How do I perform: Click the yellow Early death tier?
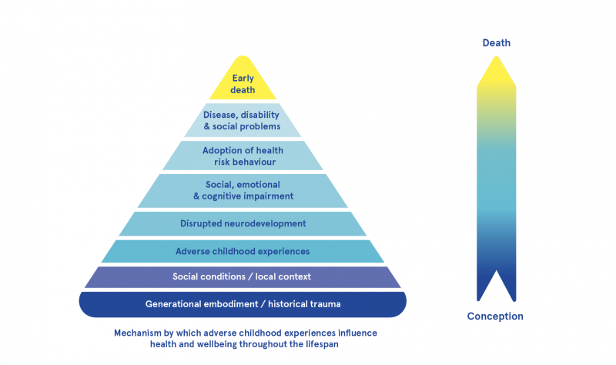point(243,81)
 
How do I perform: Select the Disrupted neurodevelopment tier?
point(243,223)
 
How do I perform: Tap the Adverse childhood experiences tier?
point(243,251)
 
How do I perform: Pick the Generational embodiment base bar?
point(243,304)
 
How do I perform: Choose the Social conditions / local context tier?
point(243,276)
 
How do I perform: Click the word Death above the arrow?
point(496,43)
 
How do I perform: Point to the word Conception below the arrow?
point(495,316)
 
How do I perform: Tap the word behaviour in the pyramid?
point(256,162)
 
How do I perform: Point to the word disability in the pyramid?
point(259,115)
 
